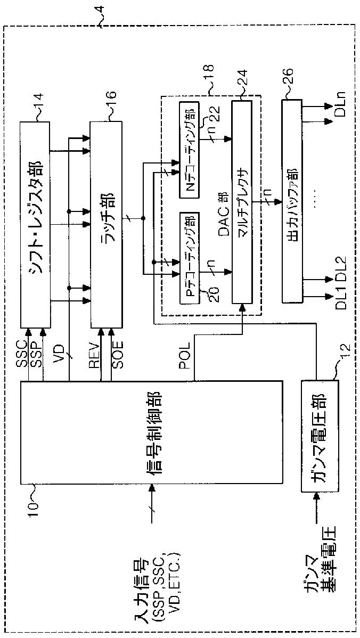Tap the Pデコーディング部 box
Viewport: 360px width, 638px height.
pos(190,258)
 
